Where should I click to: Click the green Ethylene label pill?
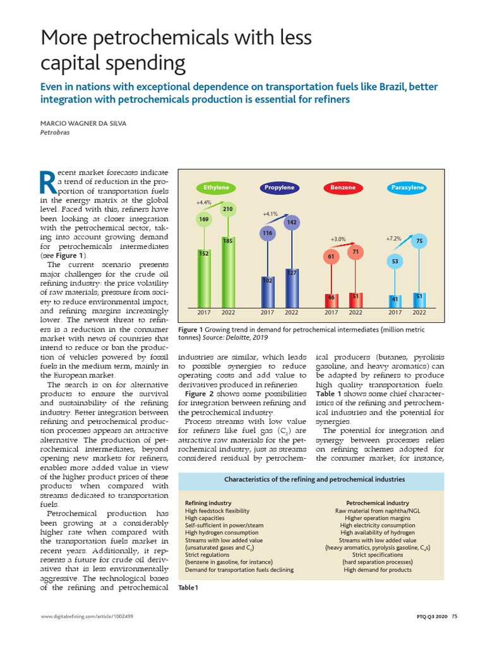point(216,188)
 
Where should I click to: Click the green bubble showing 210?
point(228,209)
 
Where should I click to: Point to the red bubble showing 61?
point(331,257)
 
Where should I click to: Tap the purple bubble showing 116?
point(267,234)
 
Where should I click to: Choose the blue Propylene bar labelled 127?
point(292,287)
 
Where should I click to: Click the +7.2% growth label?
point(393,239)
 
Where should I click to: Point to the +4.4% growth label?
point(203,203)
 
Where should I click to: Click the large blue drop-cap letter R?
point(47,181)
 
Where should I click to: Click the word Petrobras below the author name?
point(56,133)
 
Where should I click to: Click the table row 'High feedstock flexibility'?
point(217,511)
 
